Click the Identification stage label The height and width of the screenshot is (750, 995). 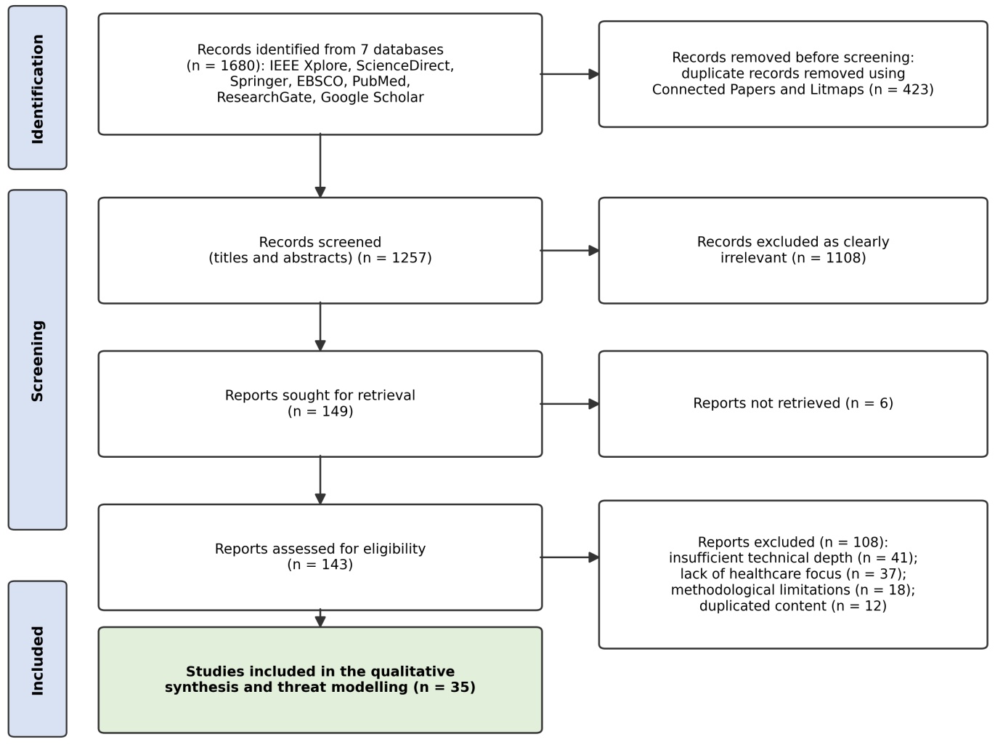(38, 89)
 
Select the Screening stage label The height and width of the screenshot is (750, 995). (38, 361)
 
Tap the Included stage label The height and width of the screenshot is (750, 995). (38, 660)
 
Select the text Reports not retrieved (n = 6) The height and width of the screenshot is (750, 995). (793, 403)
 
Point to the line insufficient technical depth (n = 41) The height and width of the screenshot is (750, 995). (793, 557)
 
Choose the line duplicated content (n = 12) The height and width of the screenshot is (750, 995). (793, 606)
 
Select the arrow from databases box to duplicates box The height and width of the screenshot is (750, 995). (570, 74)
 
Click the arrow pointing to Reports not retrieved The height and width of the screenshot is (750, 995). (570, 403)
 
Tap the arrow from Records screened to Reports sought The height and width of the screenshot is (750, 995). (320, 326)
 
